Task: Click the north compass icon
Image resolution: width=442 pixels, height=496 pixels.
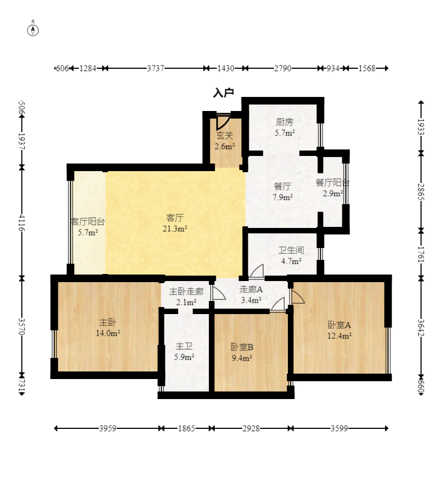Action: click(33, 30)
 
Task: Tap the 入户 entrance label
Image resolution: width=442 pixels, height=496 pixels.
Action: click(223, 93)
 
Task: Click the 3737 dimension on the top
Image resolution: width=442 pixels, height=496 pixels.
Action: click(155, 68)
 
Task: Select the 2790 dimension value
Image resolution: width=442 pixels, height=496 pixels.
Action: click(283, 68)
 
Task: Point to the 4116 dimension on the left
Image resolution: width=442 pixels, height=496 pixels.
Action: click(22, 223)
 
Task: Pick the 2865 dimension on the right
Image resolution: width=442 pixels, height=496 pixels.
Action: click(421, 192)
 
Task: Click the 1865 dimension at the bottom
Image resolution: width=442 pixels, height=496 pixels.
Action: click(187, 428)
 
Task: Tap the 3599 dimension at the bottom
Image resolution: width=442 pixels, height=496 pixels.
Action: click(339, 428)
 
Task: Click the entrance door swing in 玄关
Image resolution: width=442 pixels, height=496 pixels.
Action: click(223, 123)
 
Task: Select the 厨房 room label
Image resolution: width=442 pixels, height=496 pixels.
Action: click(285, 122)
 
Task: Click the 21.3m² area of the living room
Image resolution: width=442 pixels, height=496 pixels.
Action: click(175, 229)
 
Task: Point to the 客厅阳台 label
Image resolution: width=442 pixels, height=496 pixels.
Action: click(88, 221)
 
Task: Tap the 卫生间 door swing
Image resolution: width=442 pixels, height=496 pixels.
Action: click(256, 271)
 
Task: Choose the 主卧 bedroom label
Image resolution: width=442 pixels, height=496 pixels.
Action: click(108, 322)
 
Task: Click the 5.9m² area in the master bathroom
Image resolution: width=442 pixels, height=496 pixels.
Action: click(184, 357)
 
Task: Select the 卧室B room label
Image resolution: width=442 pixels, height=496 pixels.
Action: click(242, 347)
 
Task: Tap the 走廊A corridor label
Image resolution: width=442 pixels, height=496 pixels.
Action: click(251, 289)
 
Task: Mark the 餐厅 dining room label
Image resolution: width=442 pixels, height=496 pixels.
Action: click(282, 186)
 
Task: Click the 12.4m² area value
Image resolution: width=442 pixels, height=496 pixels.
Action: click(339, 336)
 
